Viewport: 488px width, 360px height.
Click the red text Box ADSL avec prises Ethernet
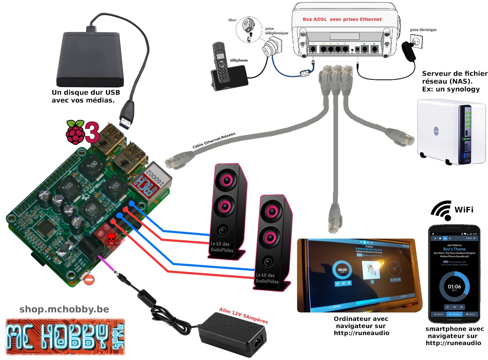click(342, 19)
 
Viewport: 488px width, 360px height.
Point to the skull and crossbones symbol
click(111, 240)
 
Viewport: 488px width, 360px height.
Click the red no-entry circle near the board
click(89, 280)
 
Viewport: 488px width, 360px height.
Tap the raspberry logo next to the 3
click(75, 132)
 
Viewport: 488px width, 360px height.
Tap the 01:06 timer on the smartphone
click(454, 287)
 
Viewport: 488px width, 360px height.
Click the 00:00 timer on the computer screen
click(342, 270)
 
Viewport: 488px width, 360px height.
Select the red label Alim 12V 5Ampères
click(243, 315)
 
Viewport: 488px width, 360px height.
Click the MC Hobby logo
click(65, 337)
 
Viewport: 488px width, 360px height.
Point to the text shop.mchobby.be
click(64, 309)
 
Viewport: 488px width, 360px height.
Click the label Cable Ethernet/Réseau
click(214, 141)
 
